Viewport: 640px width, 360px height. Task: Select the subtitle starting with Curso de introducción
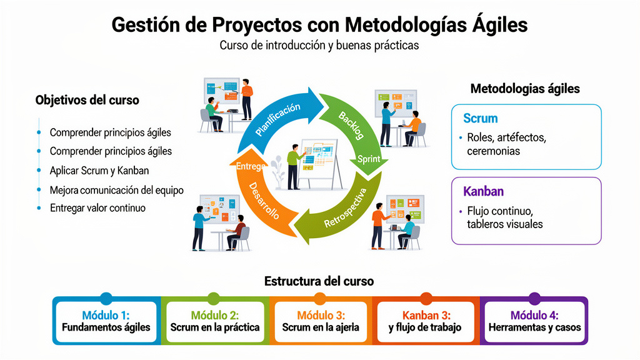tap(319, 46)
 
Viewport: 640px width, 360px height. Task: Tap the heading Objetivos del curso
tap(87, 100)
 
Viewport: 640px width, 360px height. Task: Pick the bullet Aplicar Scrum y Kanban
tap(99, 170)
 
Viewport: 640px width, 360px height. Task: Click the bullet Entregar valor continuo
tap(97, 207)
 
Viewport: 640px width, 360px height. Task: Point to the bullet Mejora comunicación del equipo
tap(116, 189)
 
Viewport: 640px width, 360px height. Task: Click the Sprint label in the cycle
tap(368, 159)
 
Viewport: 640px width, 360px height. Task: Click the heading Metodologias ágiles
tap(525, 89)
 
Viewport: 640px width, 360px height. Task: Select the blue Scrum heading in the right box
tap(480, 118)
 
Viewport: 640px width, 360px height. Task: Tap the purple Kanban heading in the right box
tap(483, 191)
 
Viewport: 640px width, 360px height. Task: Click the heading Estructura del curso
tap(319, 281)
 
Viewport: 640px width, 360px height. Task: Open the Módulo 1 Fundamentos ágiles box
tap(106, 321)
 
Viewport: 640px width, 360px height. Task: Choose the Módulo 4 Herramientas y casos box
tap(534, 321)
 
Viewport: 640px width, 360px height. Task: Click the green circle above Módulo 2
tap(214, 298)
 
